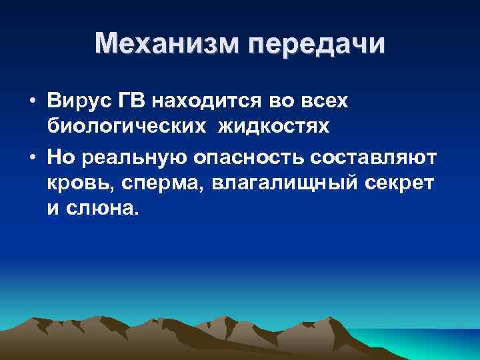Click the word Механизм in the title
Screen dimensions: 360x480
[x=166, y=45]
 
